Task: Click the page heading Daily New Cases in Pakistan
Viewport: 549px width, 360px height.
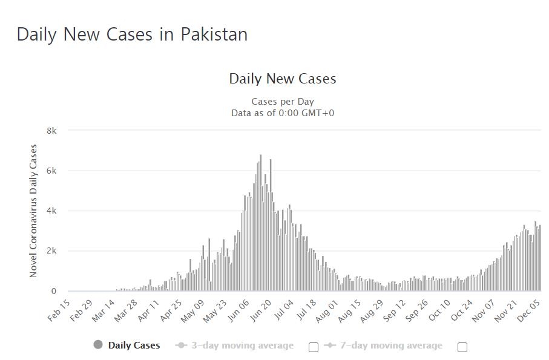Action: pos(132,34)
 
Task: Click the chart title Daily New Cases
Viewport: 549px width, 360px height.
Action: pos(282,79)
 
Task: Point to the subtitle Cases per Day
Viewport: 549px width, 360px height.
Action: pos(282,102)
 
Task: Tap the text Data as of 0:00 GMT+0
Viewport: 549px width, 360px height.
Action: pos(282,113)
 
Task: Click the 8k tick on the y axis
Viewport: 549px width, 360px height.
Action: pos(51,131)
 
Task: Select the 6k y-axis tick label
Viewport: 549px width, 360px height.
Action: pos(51,171)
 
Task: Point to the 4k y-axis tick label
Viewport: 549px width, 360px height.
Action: pos(51,211)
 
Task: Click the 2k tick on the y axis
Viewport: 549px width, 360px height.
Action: pos(51,250)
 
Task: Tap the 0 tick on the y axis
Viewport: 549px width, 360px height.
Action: pos(54,291)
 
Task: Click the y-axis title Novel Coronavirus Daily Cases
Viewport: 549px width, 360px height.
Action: pos(34,211)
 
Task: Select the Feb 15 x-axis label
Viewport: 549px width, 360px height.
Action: pos(59,310)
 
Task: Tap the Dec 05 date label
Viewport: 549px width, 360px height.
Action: pos(528,310)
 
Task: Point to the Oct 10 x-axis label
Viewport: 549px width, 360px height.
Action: pos(439,310)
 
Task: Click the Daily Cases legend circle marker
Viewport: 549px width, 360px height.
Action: pos(98,345)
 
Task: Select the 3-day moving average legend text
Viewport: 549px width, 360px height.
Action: pos(242,345)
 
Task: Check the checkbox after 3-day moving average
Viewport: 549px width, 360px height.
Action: pos(314,347)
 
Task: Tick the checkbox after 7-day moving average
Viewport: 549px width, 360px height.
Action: pos(462,347)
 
